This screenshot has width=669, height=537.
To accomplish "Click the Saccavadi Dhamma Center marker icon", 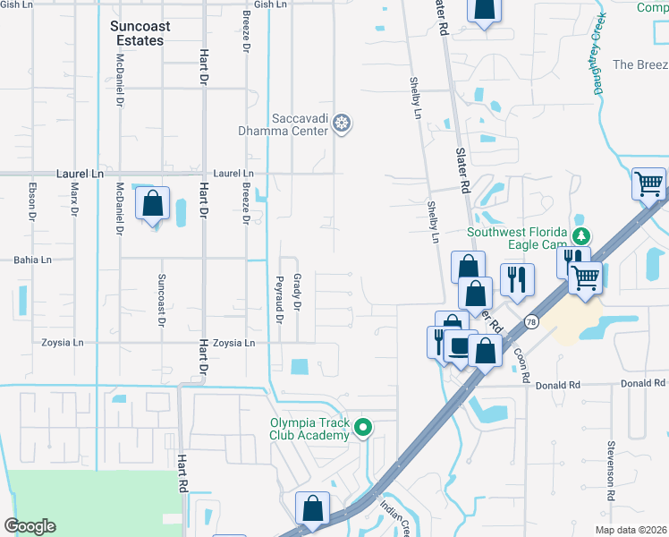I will click(341, 124).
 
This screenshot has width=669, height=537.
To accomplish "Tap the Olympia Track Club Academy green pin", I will click(362, 429).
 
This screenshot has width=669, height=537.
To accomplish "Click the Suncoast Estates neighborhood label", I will click(137, 33).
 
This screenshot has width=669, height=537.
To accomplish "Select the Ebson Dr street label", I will click(32, 202).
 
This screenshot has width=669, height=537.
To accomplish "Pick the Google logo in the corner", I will click(30, 526).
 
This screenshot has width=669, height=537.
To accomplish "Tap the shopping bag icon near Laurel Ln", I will click(153, 204).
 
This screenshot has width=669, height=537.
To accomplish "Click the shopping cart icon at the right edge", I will click(649, 184).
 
